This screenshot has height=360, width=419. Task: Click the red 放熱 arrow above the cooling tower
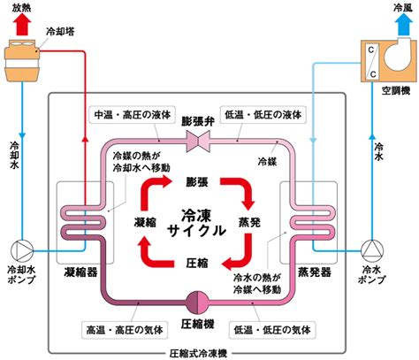pos(22,25)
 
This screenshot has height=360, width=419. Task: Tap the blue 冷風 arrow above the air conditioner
pos(403,25)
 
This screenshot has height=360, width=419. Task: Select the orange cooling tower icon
pos(22,61)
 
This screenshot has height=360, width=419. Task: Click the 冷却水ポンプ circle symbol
pos(22,251)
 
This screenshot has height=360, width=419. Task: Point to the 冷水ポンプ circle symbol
pos(372,251)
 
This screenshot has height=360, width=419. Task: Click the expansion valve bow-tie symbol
pos(198,142)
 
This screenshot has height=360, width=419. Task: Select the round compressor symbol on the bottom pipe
pos(197,303)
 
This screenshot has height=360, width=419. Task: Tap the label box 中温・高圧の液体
pos(132,115)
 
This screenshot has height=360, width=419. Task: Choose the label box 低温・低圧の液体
pos(263,115)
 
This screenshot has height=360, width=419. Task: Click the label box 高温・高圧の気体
pos(125,330)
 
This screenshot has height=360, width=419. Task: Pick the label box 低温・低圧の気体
pos(272,330)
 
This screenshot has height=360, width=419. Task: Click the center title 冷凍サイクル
pos(196,223)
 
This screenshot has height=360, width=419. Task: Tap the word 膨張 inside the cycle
pos(197,182)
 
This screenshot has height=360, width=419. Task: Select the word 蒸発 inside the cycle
pos(249,222)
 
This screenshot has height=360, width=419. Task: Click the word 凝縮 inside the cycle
pos(145,222)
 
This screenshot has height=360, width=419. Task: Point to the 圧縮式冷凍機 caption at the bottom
pos(198,354)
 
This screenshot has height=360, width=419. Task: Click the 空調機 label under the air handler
pos(396,90)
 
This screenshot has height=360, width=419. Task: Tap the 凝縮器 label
pos(80,272)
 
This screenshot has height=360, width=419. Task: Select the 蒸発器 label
pos(315,272)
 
